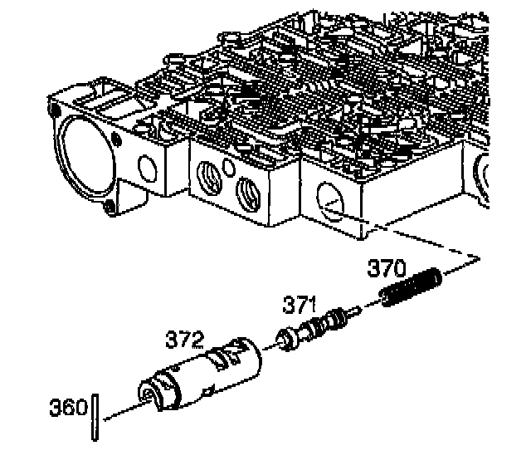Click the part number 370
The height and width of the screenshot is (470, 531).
[387, 268]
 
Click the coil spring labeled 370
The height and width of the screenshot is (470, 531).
[412, 287]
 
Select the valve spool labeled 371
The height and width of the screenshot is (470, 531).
[318, 328]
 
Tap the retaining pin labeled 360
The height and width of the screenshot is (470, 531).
[95, 417]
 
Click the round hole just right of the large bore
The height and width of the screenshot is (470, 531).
[148, 169]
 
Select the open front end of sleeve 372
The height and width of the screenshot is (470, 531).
[153, 394]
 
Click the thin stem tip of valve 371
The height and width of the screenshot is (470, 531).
[356, 311]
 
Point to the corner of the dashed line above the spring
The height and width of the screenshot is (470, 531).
[479, 258]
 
